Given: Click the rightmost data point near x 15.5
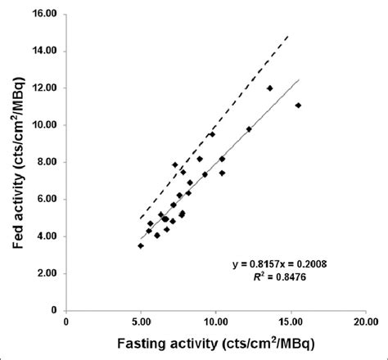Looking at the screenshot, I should point(298,105).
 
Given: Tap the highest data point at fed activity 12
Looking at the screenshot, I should point(269,88).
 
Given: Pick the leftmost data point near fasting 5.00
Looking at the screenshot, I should point(141,245).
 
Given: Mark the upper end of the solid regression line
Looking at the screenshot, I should point(300,79).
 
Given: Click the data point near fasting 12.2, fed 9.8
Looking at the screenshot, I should point(249,129).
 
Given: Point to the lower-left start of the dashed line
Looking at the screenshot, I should point(141,218).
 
